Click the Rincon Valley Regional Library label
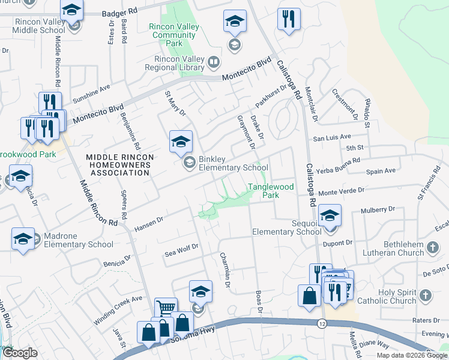[x=173, y=63]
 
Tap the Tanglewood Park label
[x=271, y=191]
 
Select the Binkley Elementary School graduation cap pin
[x=181, y=142]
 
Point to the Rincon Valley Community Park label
[x=174, y=35]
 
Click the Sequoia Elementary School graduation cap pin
[x=330, y=216]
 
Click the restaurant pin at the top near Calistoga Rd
[x=289, y=19]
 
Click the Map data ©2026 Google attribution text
[x=412, y=355]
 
